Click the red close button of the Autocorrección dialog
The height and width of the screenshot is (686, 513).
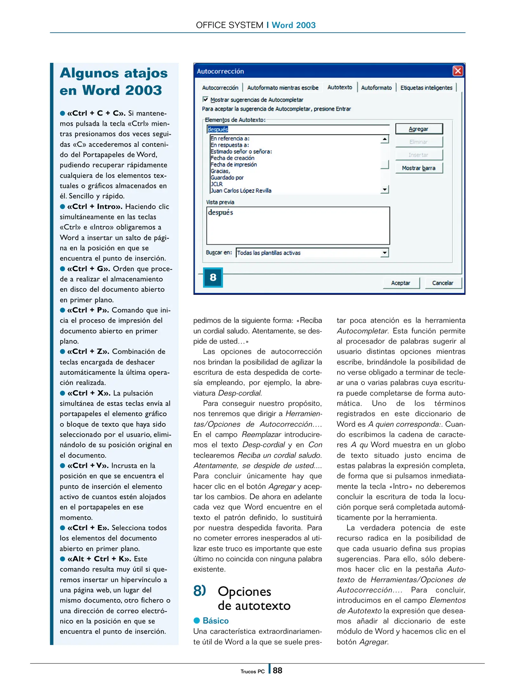pos(457,71)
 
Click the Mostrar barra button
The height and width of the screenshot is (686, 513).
pos(418,168)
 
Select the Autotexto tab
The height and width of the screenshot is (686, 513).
pos(339,87)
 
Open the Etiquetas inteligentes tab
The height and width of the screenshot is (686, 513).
pos(426,88)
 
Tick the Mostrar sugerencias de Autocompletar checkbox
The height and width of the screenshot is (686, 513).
pos(205,99)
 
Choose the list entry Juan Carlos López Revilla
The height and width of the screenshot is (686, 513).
pos(241,191)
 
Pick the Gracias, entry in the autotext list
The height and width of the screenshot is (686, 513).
pos(220,171)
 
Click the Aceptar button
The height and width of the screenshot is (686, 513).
pos(400,283)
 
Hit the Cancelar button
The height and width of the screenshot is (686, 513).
pos(442,283)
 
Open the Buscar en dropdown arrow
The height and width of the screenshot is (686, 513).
pos(385,253)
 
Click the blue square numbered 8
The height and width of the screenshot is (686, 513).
pos(213,277)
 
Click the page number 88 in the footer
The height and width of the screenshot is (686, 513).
pos(277,670)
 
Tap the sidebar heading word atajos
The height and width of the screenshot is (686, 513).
pos(146,73)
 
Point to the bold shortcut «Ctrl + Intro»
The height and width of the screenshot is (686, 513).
pos(95,206)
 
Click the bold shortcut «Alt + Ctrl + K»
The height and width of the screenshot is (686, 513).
pos(99,559)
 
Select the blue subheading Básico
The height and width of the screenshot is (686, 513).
pos(215,620)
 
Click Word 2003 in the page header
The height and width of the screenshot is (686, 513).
pos(293,25)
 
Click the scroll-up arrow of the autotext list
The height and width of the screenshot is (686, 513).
pos(385,139)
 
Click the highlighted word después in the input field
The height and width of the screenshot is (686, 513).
pos(218,129)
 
